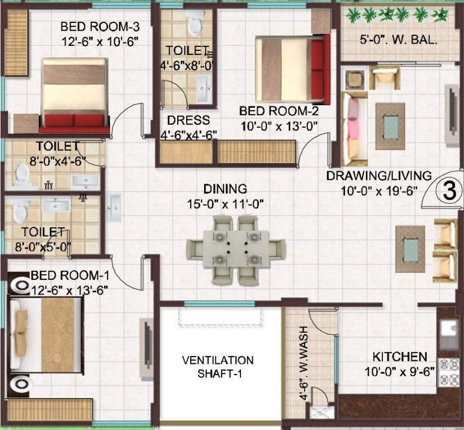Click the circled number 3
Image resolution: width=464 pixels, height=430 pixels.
point(449,191)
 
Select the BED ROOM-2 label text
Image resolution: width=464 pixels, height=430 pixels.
point(278,111)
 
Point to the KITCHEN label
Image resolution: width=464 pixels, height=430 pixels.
point(400,357)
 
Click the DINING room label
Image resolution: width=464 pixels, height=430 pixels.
point(225,189)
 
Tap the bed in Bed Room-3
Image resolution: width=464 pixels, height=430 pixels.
point(74,92)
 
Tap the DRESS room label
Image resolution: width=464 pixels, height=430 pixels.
point(188,120)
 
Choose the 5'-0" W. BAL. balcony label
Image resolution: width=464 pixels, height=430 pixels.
point(397,40)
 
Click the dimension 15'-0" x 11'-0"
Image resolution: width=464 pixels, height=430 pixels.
point(225,204)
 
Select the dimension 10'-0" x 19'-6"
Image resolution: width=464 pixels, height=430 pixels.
point(380,190)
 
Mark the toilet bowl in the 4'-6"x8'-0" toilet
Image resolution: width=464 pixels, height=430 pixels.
point(195,24)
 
